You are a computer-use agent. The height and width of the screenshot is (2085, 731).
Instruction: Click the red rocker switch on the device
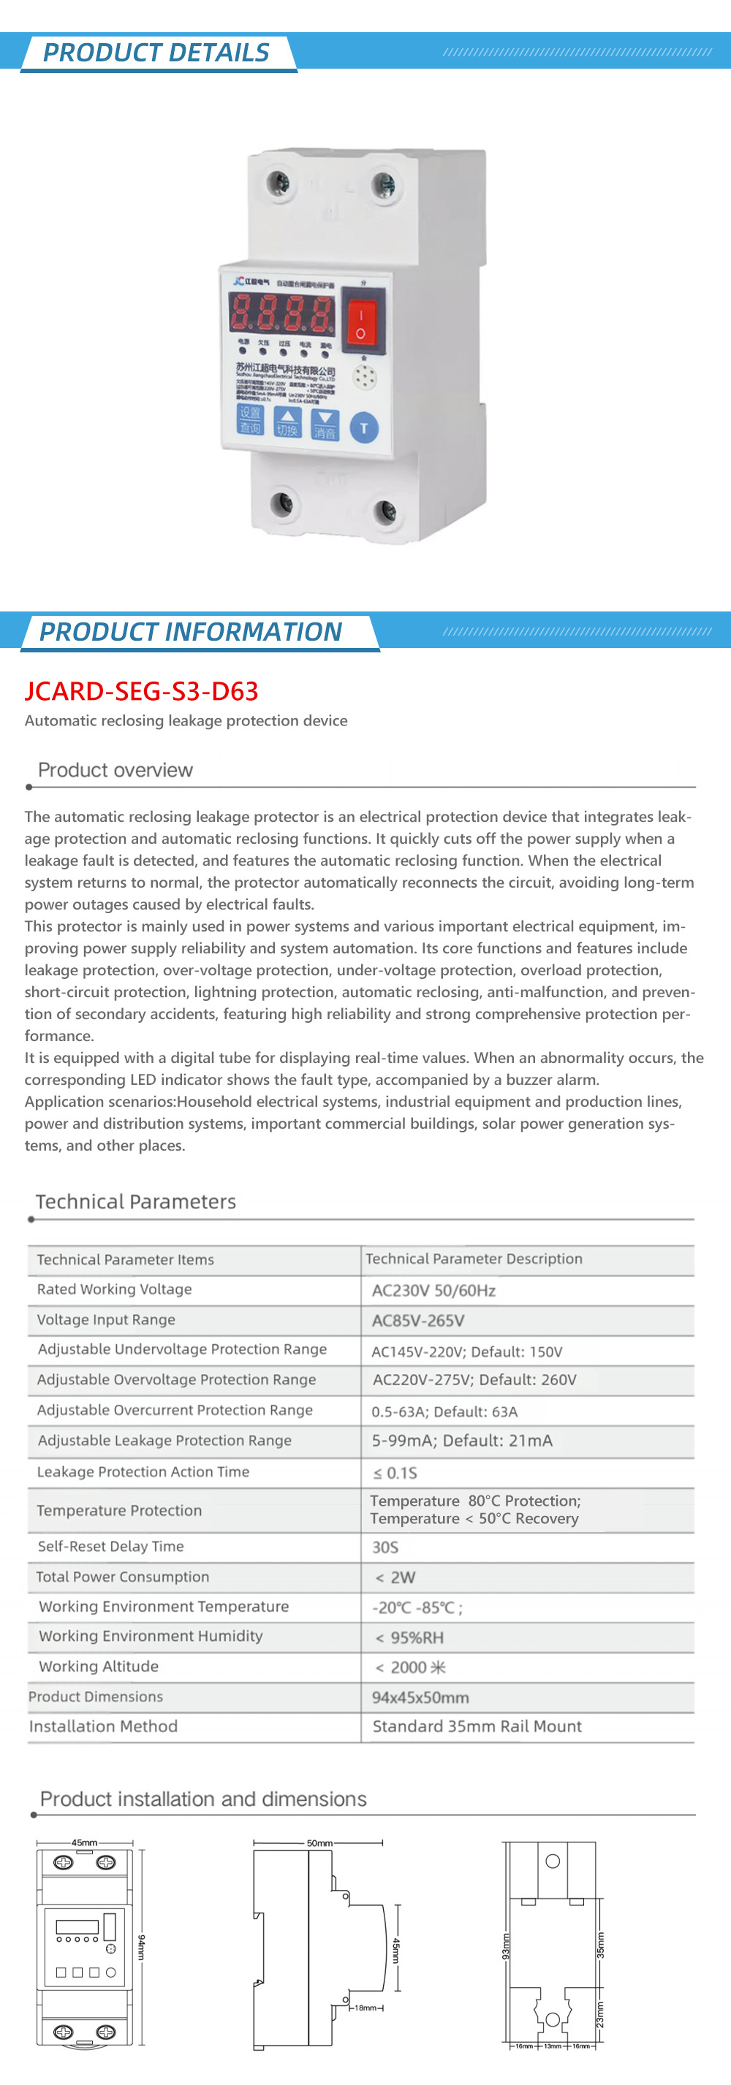pyautogui.click(x=361, y=321)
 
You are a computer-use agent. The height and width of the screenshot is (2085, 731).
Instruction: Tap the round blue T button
pyautogui.click(x=363, y=427)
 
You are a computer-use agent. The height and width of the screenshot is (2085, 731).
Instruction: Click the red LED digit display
pyautogui.click(x=281, y=313)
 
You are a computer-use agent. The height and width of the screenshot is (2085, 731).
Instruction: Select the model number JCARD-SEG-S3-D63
pyautogui.click(x=142, y=690)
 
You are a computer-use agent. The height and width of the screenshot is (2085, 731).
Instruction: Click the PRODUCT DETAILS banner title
pyautogui.click(x=156, y=53)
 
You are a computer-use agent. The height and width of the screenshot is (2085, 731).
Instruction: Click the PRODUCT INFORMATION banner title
pyautogui.click(x=191, y=631)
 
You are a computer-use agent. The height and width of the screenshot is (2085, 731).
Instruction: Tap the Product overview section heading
pyautogui.click(x=115, y=770)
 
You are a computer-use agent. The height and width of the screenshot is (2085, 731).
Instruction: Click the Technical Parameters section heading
pyautogui.click(x=135, y=1201)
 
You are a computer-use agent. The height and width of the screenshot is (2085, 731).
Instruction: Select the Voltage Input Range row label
pyautogui.click(x=106, y=1319)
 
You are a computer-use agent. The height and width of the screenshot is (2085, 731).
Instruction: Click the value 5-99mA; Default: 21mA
pyautogui.click(x=461, y=1441)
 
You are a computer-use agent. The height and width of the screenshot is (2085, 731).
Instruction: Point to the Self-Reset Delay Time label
pyautogui.click(x=111, y=1546)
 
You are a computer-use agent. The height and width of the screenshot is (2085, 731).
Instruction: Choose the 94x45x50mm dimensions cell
pyautogui.click(x=420, y=1697)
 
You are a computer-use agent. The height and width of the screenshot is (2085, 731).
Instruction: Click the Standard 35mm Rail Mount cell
pyautogui.click(x=477, y=1726)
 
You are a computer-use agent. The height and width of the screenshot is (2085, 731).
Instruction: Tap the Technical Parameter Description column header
pyautogui.click(x=474, y=1259)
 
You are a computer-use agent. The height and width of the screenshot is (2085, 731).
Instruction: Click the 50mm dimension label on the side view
pyautogui.click(x=319, y=1843)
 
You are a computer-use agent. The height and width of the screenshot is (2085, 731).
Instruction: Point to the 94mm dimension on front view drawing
pyautogui.click(x=141, y=1948)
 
